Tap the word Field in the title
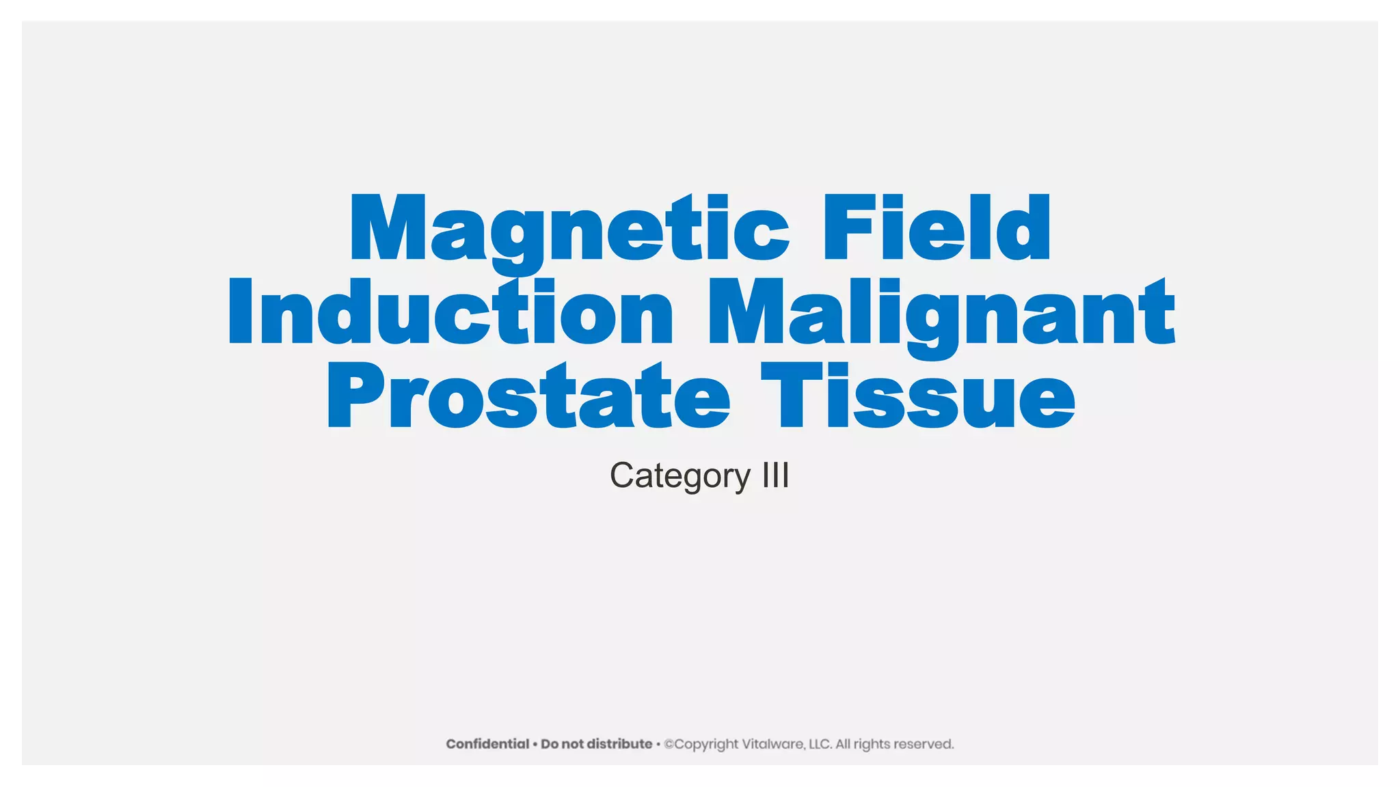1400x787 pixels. (937, 229)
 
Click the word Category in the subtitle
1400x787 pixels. (680, 476)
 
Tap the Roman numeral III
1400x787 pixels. (776, 475)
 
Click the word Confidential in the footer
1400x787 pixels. (487, 744)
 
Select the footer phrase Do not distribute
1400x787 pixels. (596, 744)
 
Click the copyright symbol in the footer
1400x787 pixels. (669, 744)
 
